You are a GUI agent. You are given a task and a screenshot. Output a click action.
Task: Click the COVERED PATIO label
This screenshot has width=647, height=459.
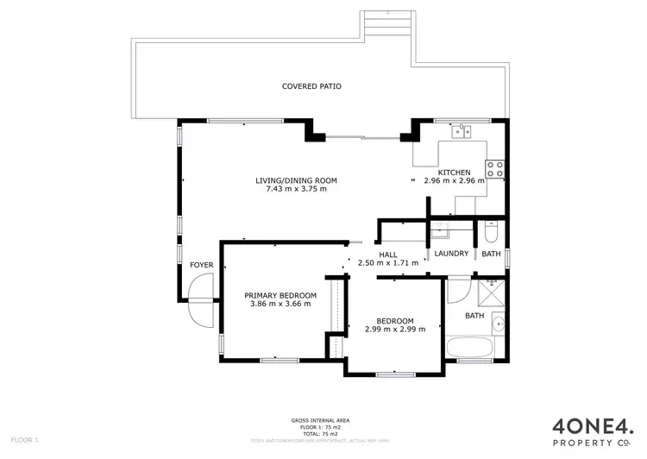[x=311, y=86]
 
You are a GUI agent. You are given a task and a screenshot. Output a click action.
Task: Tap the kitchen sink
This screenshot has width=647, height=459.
[x=463, y=132]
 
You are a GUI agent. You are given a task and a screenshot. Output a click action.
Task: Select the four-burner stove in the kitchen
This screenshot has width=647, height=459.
[x=495, y=168]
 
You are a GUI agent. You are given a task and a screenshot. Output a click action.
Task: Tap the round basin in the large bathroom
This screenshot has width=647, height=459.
[x=499, y=324]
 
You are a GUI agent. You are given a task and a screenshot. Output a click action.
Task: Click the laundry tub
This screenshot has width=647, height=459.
[x=441, y=229]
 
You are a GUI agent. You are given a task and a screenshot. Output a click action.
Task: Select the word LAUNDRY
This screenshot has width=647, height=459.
[x=451, y=254]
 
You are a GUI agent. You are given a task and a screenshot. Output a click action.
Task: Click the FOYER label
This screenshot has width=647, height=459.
[x=201, y=265]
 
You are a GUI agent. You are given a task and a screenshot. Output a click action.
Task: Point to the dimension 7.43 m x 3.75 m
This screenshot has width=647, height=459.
[x=296, y=189]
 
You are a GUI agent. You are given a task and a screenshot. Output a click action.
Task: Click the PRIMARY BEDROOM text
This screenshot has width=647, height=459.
[x=280, y=295]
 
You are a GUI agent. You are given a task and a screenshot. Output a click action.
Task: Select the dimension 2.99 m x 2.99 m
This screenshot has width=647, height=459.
[x=394, y=329]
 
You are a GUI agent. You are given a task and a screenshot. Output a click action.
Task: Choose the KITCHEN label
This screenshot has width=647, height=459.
[x=454, y=173]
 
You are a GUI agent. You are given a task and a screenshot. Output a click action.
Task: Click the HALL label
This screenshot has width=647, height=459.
[x=387, y=255]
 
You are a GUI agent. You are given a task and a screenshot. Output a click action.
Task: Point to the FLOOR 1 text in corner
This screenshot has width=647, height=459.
[x=24, y=440]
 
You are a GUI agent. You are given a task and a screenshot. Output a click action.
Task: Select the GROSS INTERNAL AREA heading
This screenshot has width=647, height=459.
[x=320, y=420]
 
